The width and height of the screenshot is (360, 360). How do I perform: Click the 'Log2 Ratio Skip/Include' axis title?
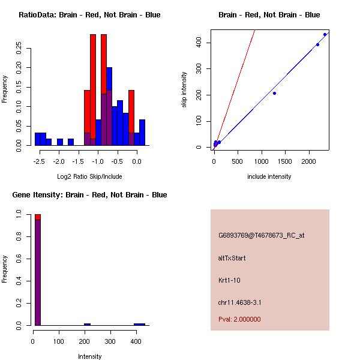(89, 176)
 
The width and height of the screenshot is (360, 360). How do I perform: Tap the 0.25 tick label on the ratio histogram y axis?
(19, 49)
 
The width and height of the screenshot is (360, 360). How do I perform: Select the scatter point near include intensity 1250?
(274, 93)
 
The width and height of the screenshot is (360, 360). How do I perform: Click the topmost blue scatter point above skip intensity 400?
(325, 34)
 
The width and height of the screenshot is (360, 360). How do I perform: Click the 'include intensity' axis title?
(269, 176)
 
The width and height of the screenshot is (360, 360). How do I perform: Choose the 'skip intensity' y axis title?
(184, 90)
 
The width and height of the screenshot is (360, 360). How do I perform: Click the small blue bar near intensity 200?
(88, 324)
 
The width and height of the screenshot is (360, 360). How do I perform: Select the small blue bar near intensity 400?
(139, 324)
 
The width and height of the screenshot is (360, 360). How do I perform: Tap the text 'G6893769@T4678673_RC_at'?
(261, 236)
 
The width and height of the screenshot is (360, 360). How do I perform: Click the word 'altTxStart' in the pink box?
(232, 258)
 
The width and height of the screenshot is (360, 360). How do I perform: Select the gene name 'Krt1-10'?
(229, 280)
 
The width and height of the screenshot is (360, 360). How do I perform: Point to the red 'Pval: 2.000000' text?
(239, 319)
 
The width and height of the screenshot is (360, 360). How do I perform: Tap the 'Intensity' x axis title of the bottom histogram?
(89, 356)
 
